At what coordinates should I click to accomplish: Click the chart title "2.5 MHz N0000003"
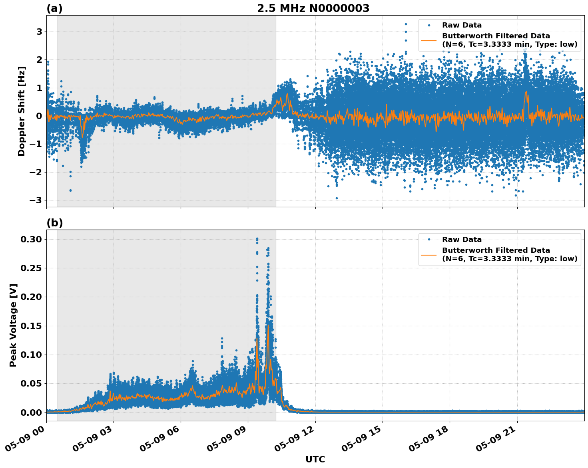pyautogui.click(x=313, y=8)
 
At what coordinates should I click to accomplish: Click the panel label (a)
pyautogui.click(x=54, y=8)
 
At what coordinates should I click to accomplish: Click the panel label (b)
pyautogui.click(x=54, y=223)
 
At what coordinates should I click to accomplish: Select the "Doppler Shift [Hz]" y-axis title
pyautogui.click(x=22, y=111)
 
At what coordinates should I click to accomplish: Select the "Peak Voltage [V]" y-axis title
pyautogui.click(x=13, y=325)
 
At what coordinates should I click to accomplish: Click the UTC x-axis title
pyautogui.click(x=315, y=459)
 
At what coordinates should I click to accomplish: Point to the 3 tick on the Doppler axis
pyautogui.click(x=39, y=32)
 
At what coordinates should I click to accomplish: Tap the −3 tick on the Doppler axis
pyautogui.click(x=37, y=200)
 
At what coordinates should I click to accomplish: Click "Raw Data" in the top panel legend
pyautogui.click(x=462, y=25)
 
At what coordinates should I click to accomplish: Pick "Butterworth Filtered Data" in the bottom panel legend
pyautogui.click(x=496, y=250)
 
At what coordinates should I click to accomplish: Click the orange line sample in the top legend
pyautogui.click(x=429, y=40)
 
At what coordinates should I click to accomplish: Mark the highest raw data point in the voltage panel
pyautogui.click(x=257, y=239)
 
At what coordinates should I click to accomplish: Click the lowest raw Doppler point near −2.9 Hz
pyautogui.click(x=337, y=198)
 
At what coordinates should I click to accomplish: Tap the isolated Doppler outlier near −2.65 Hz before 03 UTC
pyautogui.click(x=70, y=190)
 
